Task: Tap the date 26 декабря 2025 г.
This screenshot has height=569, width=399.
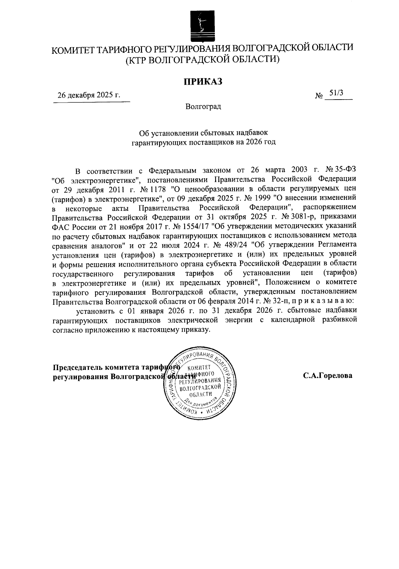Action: pos(89,96)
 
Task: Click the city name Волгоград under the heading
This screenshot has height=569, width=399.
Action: pos(203,107)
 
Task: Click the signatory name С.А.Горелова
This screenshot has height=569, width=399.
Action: pos(328,376)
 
